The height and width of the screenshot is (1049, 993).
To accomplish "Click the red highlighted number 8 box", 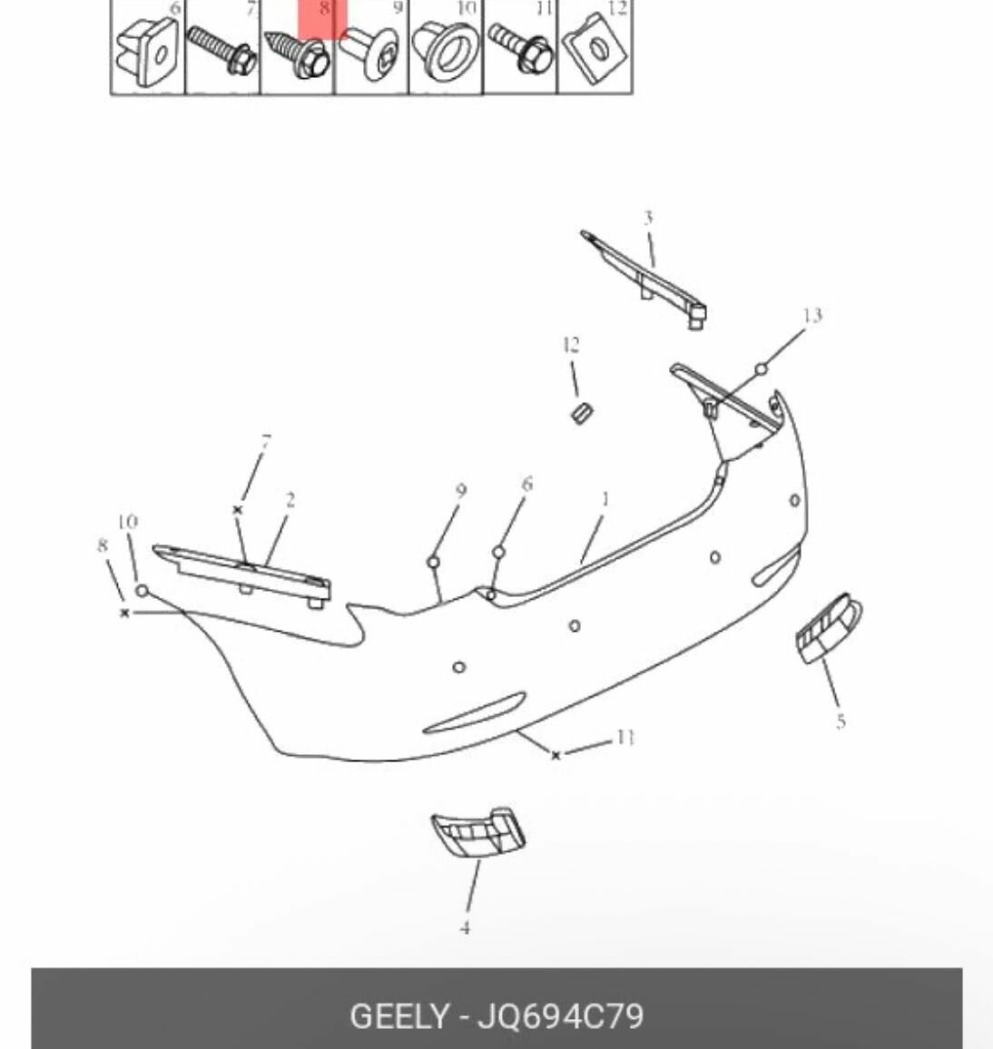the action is pos(322,19).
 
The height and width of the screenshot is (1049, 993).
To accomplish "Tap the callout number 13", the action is pos(811,315).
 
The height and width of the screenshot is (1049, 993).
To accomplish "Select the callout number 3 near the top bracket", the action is pos(648,218).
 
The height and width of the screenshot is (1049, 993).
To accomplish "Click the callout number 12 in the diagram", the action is pos(571,345).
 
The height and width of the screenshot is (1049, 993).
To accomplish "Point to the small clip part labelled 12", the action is pos(581,413).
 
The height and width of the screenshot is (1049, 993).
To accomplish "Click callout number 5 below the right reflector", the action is pos(841,721).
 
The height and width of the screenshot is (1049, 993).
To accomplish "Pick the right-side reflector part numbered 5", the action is pos(829,628).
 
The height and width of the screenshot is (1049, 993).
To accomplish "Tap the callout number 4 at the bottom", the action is pos(465,927).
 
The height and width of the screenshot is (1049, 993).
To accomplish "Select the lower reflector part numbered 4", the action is pos(478,833).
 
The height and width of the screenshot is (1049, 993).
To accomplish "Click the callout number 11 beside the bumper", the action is pos(624,737).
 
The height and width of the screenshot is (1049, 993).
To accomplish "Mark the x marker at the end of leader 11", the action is pos(555,755).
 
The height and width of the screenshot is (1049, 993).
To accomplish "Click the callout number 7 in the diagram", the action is pos(266,442).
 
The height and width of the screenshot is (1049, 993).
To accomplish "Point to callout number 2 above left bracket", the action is pos(290,500).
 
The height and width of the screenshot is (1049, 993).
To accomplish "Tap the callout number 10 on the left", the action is pos(127,521).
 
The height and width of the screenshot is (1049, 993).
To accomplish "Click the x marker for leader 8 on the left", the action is pos(124,613).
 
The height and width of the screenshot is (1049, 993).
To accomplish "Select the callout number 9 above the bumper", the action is pos(461,490).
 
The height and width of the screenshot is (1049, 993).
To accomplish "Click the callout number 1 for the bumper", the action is pos(605,499).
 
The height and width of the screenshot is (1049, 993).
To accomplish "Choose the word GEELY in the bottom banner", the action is pos(399,1016).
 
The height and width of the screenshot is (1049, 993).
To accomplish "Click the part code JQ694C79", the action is pos(560,1016).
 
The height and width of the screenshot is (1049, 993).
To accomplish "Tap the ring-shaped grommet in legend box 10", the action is pos(446,50).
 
